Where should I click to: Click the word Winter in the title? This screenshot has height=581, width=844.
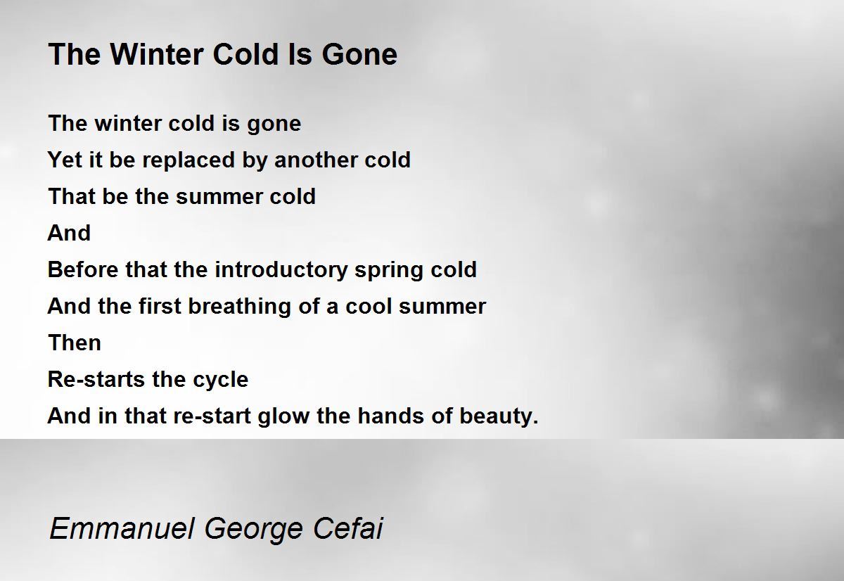(x=157, y=54)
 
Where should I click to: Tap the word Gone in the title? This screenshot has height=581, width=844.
(x=359, y=54)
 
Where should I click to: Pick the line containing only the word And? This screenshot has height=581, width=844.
(x=69, y=233)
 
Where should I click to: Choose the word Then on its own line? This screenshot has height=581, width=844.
(x=75, y=343)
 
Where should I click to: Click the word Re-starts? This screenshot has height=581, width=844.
(x=96, y=379)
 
